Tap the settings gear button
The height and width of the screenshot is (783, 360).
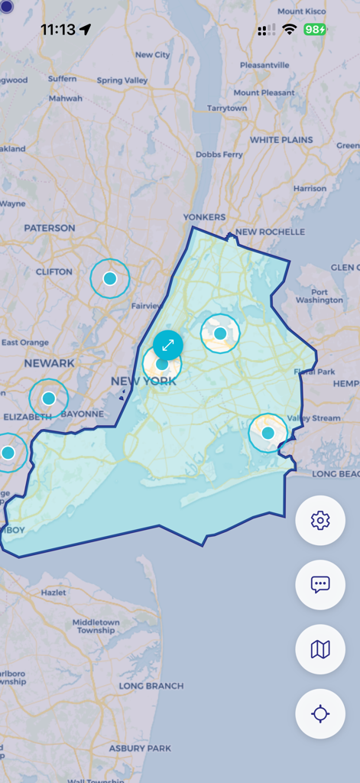[x=320, y=521]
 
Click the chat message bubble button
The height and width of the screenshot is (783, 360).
[x=320, y=585]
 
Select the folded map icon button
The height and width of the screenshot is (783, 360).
[x=320, y=649]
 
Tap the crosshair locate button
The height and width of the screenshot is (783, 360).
[x=320, y=713]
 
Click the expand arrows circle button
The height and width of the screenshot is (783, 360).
[x=167, y=346]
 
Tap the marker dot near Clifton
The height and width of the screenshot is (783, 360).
[x=110, y=279]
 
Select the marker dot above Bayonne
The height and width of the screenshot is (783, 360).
[x=49, y=398]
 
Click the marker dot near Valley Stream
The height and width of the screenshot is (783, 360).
[x=268, y=433]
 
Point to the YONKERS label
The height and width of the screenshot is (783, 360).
[x=204, y=217]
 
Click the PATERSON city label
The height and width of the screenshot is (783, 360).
[x=50, y=228]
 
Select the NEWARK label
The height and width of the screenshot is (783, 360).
[x=49, y=363]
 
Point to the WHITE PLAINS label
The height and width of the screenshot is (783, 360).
[x=281, y=141]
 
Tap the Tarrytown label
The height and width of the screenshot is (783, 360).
[x=226, y=109]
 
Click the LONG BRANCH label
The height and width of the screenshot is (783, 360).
[x=151, y=686]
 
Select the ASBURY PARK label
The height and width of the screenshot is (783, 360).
[x=139, y=748]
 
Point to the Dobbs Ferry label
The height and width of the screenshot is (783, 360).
[x=219, y=154]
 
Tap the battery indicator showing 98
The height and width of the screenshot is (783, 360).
[x=314, y=30]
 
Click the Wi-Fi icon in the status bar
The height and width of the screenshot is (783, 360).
[x=289, y=30]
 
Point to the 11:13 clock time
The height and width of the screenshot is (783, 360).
[x=58, y=30]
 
